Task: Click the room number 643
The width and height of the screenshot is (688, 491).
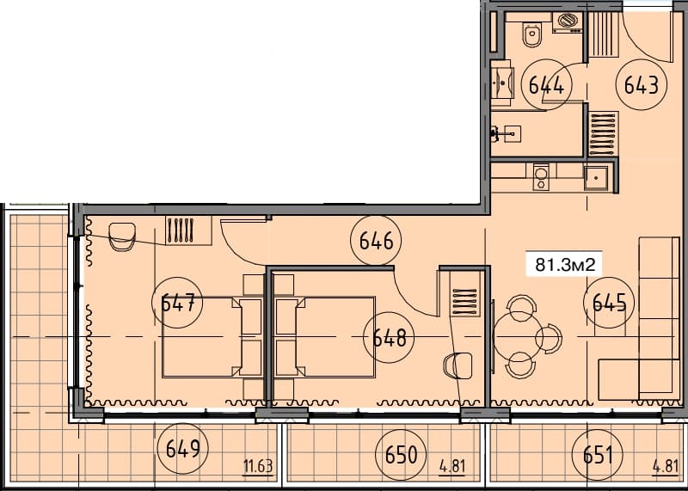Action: click(642, 85)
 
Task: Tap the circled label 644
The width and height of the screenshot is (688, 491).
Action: click(546, 85)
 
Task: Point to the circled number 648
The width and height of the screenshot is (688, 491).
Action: click(389, 336)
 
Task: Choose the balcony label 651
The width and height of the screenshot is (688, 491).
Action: click(598, 453)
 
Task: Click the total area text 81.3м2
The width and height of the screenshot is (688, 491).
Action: click(566, 264)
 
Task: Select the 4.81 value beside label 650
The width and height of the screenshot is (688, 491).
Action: click(452, 468)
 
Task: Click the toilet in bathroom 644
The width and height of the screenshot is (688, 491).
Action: click(532, 36)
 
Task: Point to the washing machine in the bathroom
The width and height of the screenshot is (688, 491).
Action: click(567, 22)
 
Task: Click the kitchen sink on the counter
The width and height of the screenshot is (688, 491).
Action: click(597, 178)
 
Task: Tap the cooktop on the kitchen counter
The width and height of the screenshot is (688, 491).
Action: click(541, 176)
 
